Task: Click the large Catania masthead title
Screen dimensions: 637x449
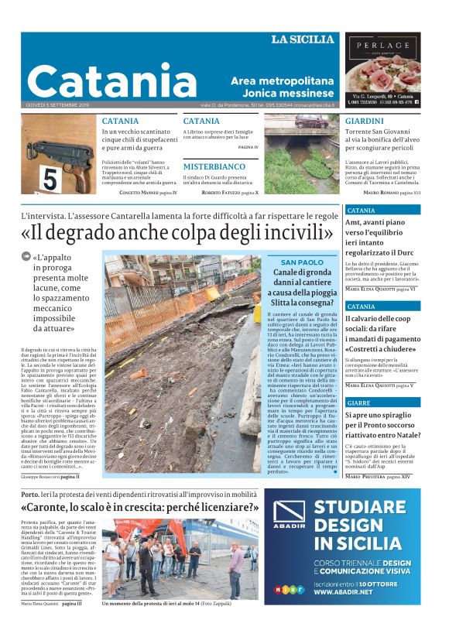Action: pos(112,80)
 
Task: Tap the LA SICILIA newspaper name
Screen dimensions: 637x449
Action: pos(303,39)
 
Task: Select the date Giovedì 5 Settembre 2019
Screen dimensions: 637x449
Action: pos(58,104)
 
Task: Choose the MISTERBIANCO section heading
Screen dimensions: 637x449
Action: pos(214,166)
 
